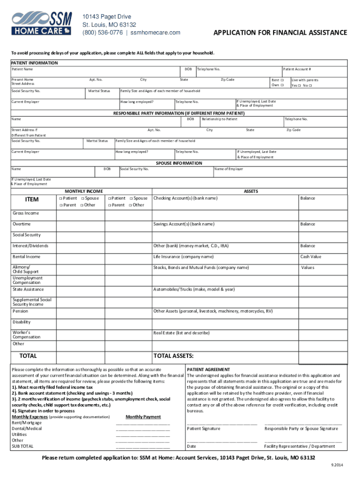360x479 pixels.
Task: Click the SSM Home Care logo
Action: pyautogui.click(x=42, y=24)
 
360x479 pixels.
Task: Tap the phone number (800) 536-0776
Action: pyautogui.click(x=103, y=32)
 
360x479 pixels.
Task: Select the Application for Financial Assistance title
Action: pyautogui.click(x=280, y=33)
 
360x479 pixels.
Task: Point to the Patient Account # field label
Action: pyautogui.click(x=296, y=69)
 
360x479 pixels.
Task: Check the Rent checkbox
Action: pyautogui.click(x=282, y=80)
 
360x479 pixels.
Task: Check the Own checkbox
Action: pyautogui.click(x=282, y=85)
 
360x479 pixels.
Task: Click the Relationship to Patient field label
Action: pyautogui.click(x=219, y=119)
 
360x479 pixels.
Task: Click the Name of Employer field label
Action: pyautogui.click(x=229, y=169)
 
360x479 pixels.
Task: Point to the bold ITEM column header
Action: pyautogui.click(x=32, y=200)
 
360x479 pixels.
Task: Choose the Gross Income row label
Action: pyautogui.click(x=26, y=213)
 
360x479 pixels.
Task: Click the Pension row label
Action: pyautogui.click(x=20, y=311)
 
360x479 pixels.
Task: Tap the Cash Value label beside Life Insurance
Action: pyautogui.click(x=310, y=257)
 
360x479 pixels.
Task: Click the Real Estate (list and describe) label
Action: pyautogui.click(x=181, y=333)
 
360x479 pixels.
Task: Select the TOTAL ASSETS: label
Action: pyautogui.click(x=173, y=356)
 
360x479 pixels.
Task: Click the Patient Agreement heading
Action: pyautogui.click(x=208, y=370)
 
